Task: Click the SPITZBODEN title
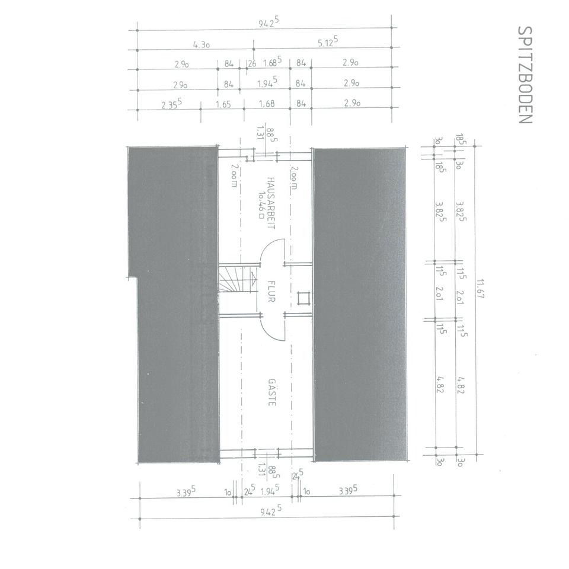point(525,75)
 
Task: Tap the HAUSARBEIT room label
point(271,203)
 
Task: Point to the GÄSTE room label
point(272,392)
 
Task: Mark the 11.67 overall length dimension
point(481,289)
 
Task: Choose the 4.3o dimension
point(202,45)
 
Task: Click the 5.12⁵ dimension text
point(328,41)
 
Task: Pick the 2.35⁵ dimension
point(171,104)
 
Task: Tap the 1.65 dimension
point(223,104)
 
